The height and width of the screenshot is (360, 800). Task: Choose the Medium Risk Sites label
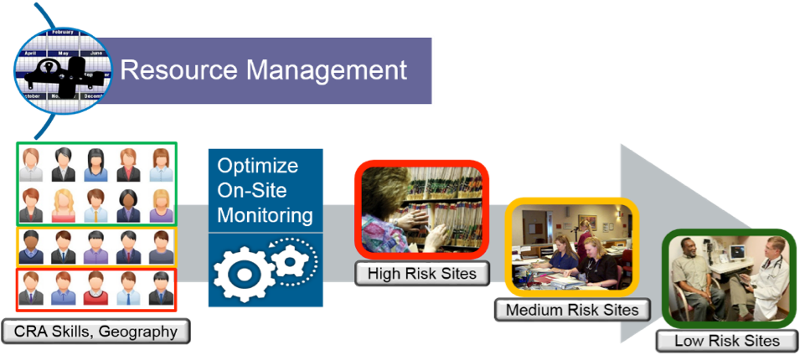[571, 310]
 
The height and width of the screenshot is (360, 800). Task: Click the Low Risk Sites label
[727, 341]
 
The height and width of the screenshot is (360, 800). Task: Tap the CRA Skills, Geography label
[96, 332]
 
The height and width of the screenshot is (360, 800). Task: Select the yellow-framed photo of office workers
[572, 248]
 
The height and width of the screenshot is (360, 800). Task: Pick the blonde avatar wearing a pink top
[65, 203]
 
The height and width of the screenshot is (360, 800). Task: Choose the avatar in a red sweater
[95, 286]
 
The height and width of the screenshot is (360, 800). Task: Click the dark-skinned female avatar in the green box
[128, 203]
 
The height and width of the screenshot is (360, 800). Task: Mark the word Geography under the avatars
[139, 332]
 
